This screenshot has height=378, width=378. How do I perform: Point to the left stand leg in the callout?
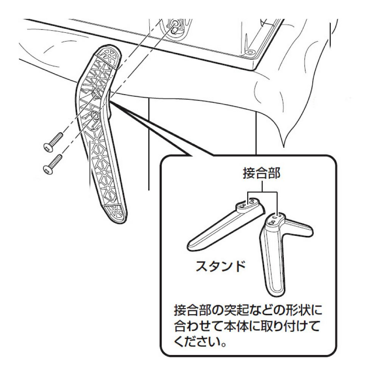(223, 226)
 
